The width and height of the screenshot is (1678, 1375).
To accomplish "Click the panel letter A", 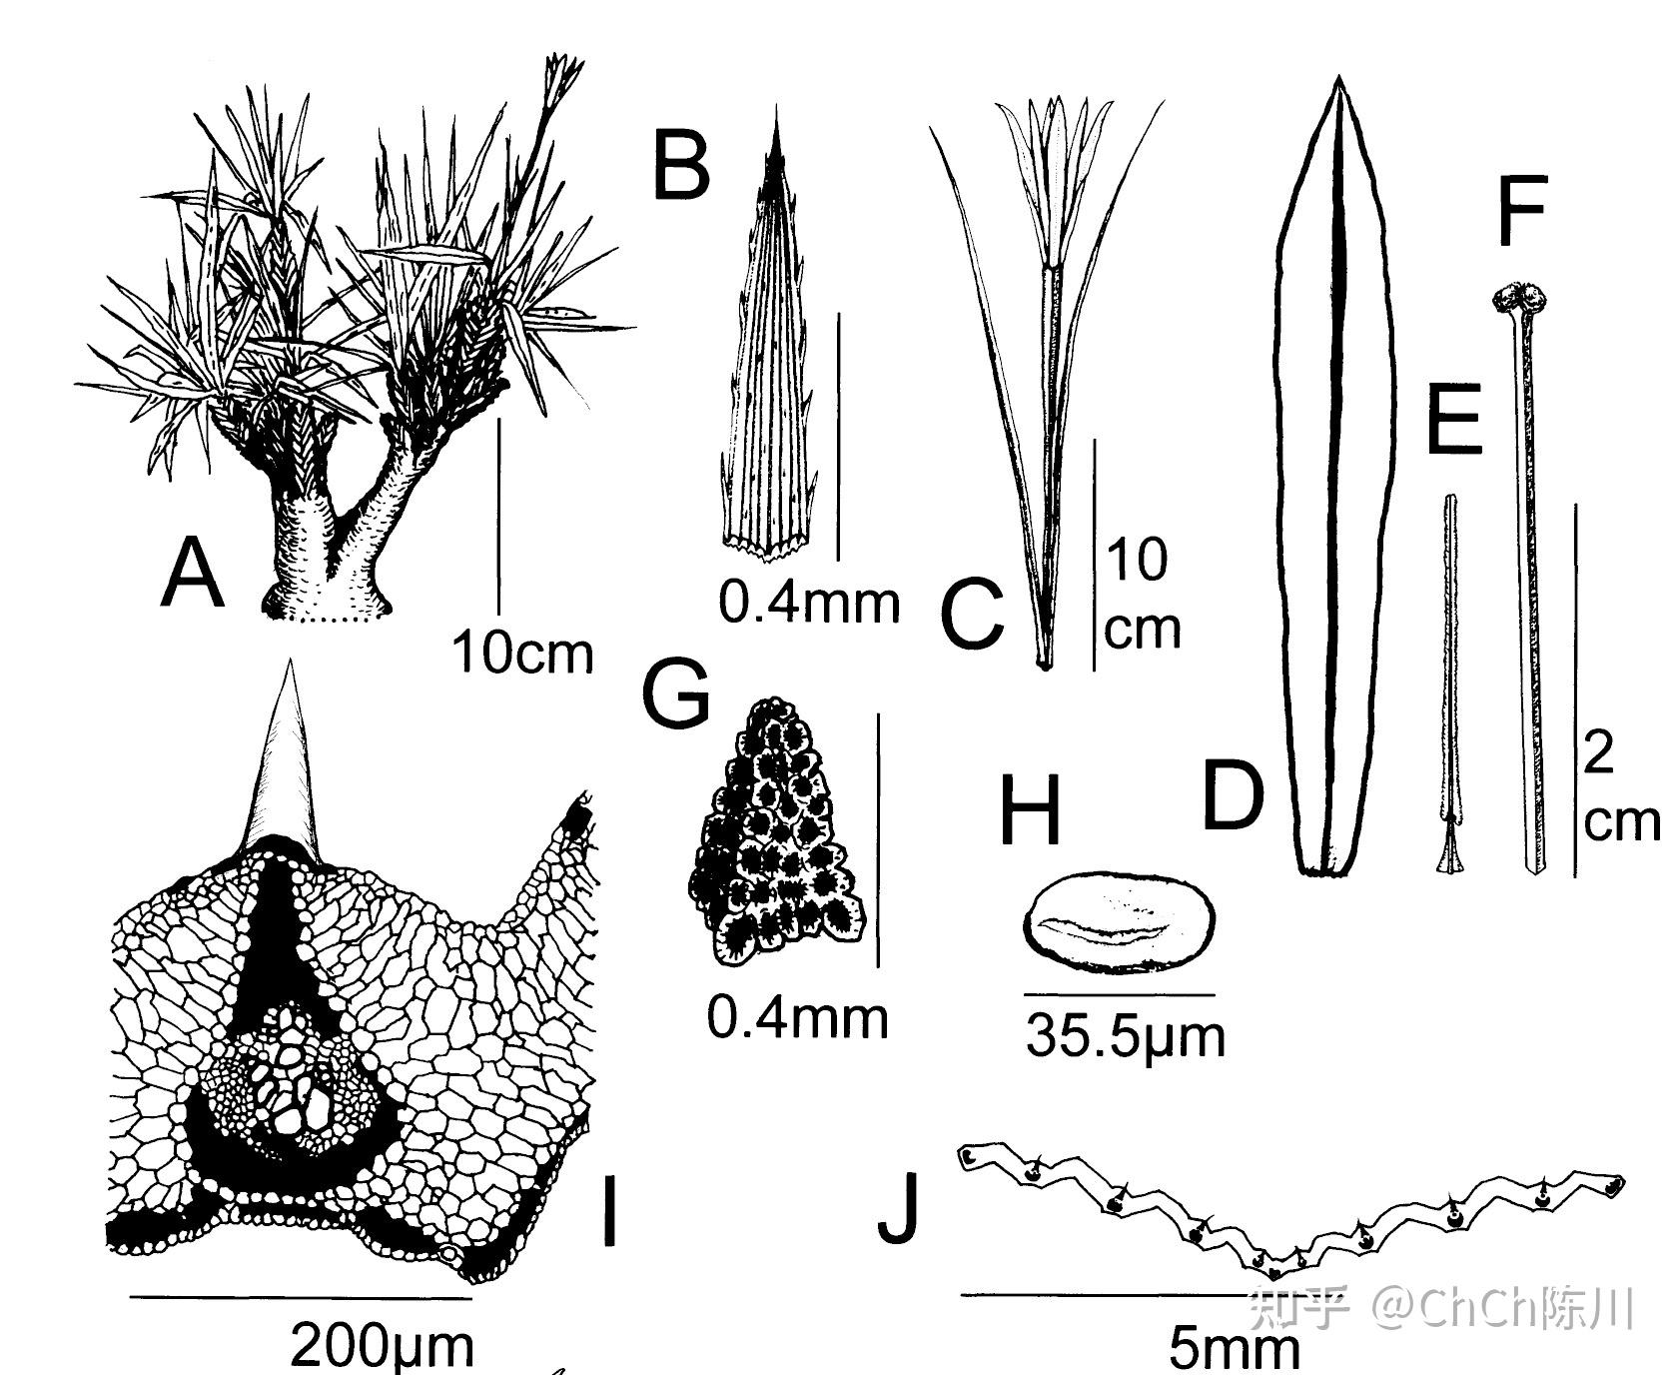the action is pos(192,573).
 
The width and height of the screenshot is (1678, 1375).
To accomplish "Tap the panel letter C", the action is pos(971,612).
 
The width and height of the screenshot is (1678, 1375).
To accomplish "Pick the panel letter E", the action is pos(1454,419).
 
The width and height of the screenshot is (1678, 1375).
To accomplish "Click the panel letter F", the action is pos(1523,211).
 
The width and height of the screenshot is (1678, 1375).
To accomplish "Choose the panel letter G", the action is pos(676,691).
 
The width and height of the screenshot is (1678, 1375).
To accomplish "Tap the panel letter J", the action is pos(897,1208).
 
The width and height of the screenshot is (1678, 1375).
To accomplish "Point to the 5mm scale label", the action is pos(1235,1348).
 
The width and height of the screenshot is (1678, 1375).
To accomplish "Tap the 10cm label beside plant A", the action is pos(522,653).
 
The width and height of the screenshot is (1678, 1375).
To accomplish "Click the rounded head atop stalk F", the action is pos(1521,298).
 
